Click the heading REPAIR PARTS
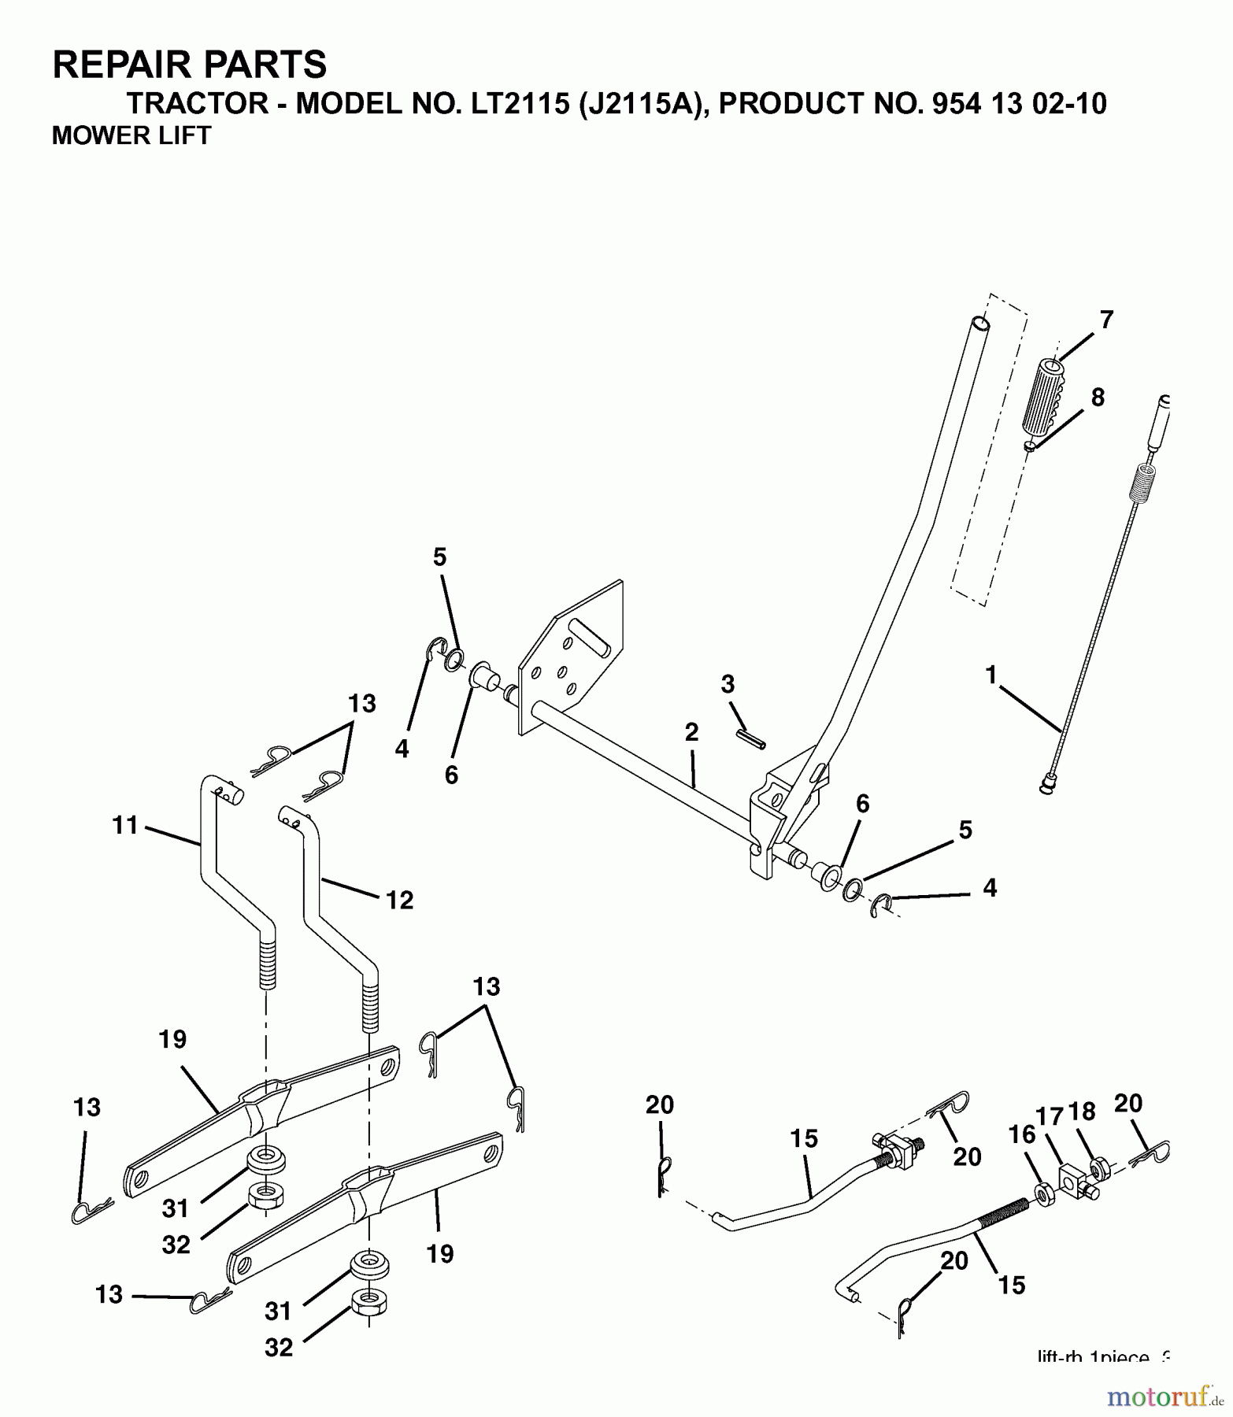click(x=189, y=65)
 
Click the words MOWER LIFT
click(x=131, y=136)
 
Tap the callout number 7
click(x=1106, y=320)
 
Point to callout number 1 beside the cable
click(x=990, y=675)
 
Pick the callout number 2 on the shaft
click(x=691, y=733)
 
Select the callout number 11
click(x=125, y=826)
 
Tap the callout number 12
click(x=400, y=900)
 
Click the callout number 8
click(x=1098, y=397)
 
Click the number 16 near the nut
click(x=1023, y=1134)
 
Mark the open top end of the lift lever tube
click(x=979, y=324)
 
